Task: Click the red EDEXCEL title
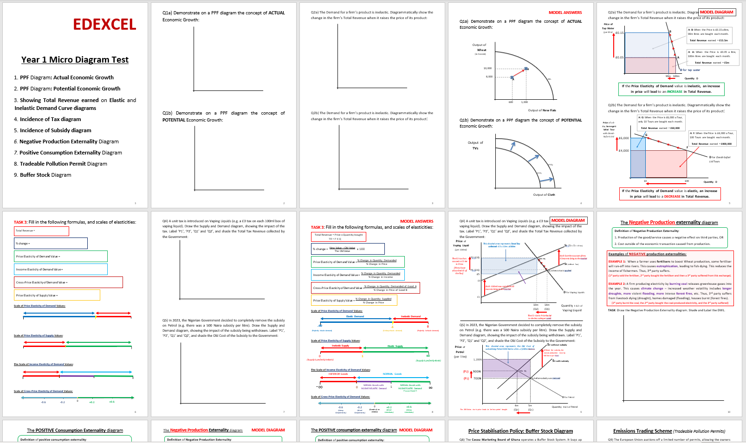[104, 25]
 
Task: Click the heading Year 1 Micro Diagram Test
[75, 60]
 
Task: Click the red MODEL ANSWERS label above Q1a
[565, 13]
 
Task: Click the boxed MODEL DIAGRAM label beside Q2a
[717, 12]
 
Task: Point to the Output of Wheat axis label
[480, 48]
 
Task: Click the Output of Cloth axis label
[544, 195]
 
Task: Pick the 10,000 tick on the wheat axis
[487, 68]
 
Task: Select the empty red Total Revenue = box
[41, 231]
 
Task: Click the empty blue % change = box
[51, 243]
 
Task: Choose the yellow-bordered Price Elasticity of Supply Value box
[57, 295]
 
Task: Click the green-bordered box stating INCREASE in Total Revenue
[671, 89]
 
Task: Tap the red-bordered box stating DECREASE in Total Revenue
[671, 193]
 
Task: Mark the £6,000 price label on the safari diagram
[623, 138]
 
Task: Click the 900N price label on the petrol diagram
[477, 372]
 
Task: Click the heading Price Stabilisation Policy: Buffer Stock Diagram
[520, 431]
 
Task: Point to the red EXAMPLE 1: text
[617, 262]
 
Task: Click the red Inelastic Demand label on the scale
[410, 316]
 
